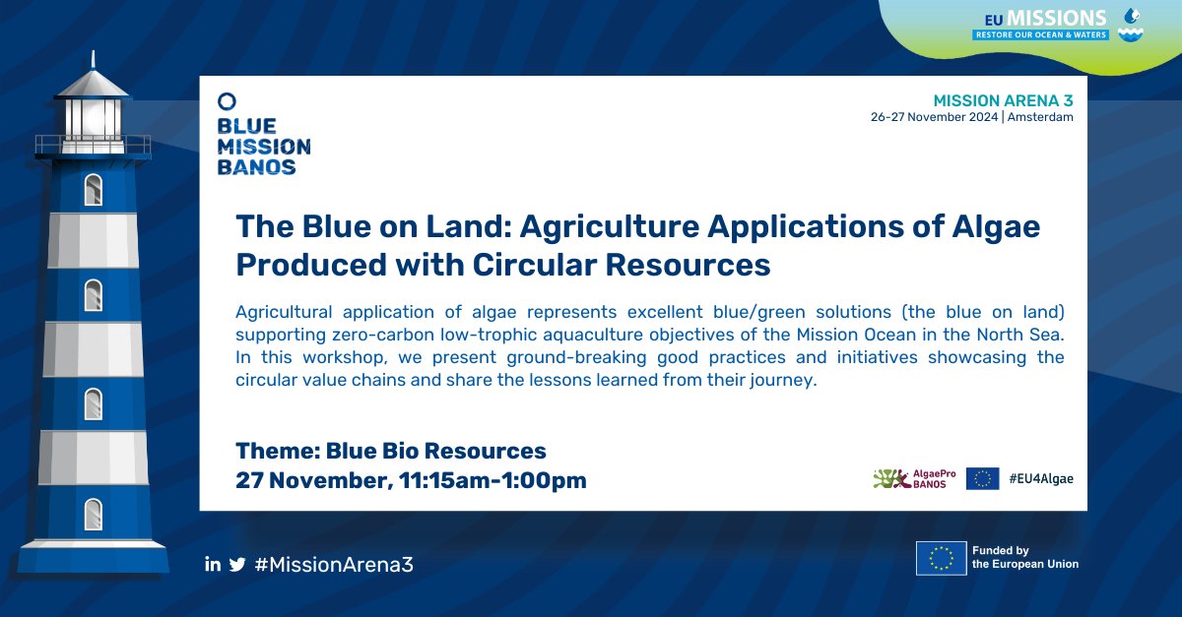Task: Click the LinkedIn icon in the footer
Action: (212, 564)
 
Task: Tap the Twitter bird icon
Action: (237, 564)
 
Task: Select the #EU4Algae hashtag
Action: (1042, 478)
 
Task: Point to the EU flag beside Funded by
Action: (940, 558)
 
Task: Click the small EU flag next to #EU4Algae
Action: (982, 478)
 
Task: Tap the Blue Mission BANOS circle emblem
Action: (227, 100)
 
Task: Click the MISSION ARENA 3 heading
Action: (1003, 101)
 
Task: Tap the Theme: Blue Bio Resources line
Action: (391, 452)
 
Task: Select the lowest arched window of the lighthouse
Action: (94, 514)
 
